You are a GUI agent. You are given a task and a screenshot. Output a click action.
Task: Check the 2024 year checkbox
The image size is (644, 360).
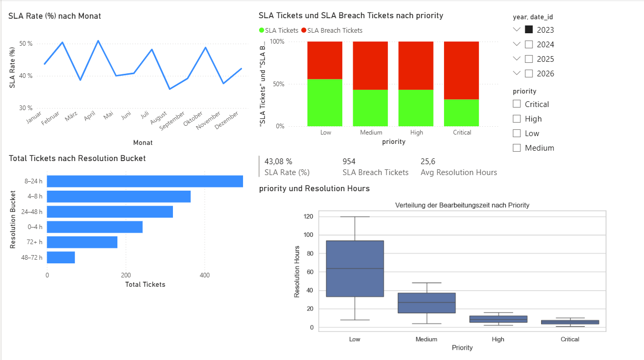click(x=529, y=44)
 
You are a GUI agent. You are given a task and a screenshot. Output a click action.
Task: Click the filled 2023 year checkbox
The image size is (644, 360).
click(x=529, y=30)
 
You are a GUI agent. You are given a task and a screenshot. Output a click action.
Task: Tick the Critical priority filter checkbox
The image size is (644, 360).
click(x=517, y=104)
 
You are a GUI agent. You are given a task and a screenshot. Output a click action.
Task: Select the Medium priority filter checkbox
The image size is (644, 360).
click(x=517, y=148)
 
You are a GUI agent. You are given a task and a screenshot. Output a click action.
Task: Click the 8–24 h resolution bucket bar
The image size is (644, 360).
click(x=145, y=181)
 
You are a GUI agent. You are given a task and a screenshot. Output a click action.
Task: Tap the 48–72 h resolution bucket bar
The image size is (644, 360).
click(x=61, y=257)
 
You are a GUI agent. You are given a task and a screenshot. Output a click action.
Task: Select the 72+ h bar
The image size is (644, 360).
click(x=82, y=242)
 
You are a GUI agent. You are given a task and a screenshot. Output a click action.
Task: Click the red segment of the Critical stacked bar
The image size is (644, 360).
click(x=462, y=70)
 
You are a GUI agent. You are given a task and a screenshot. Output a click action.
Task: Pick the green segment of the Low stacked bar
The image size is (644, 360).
click(x=325, y=102)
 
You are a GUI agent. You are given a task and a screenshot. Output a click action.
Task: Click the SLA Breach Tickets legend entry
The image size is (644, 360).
click(x=332, y=30)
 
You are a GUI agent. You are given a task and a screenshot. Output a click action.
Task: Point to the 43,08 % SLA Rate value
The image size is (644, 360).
click(x=278, y=162)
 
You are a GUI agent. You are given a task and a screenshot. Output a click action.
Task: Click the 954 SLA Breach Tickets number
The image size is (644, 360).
click(x=349, y=162)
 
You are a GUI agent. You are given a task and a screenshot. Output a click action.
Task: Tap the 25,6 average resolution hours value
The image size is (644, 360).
click(x=428, y=162)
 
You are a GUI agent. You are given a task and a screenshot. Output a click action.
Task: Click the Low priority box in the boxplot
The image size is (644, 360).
click(x=355, y=269)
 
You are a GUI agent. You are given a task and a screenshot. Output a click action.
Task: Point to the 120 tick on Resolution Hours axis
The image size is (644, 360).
click(x=310, y=217)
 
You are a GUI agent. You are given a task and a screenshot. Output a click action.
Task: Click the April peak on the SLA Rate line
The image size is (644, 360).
click(x=98, y=41)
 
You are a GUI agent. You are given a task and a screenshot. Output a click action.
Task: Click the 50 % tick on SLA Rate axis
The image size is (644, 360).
click(x=26, y=44)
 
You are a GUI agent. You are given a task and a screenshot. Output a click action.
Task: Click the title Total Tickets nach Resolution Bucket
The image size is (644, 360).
click(x=77, y=158)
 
